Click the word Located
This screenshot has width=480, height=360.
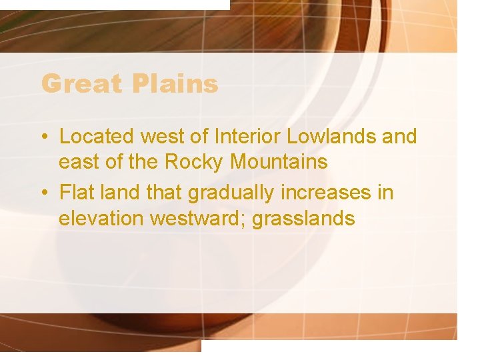pyautogui.click(x=97, y=137)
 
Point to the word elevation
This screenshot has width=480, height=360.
pyautogui.click(x=101, y=219)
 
